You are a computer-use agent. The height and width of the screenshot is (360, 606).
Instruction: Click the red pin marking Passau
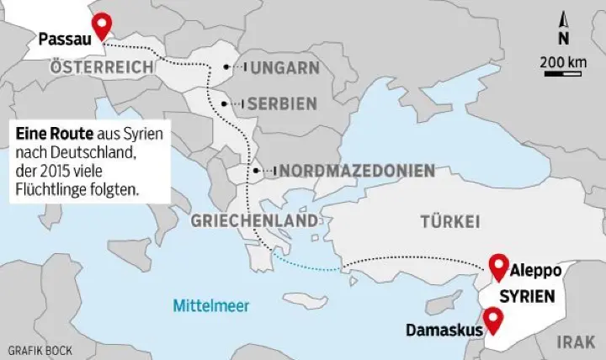point(103,25)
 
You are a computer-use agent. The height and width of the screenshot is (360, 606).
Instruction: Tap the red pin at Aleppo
point(498,265)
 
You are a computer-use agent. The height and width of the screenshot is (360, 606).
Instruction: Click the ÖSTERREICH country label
point(102,66)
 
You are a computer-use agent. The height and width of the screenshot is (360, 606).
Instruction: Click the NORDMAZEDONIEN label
point(359,171)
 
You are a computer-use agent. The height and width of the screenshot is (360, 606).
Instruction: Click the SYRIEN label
point(527,297)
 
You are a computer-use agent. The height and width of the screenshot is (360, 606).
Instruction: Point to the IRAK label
point(578,342)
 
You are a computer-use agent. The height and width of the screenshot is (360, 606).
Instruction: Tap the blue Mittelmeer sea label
point(211,305)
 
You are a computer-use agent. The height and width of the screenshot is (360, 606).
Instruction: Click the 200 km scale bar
point(563,73)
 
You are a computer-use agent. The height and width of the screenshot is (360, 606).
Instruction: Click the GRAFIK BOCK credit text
point(39,348)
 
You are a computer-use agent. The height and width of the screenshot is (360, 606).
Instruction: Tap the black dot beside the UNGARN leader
point(226,67)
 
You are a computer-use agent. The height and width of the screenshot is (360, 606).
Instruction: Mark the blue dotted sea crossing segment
point(307,264)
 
